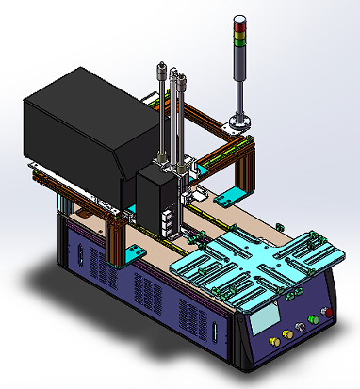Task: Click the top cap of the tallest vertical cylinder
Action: pyautogui.click(x=163, y=66)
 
